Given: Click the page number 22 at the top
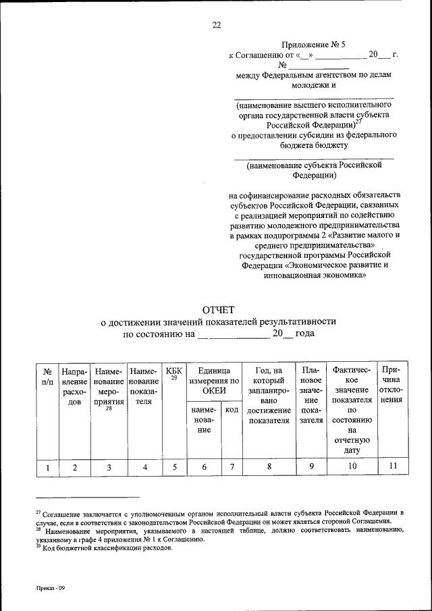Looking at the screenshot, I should click(216, 26).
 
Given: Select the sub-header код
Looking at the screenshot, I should click(232, 410).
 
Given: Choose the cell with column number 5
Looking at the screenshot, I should click(173, 466).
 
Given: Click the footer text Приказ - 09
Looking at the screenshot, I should click(51, 588).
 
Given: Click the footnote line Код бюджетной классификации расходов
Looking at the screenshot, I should click(108, 548).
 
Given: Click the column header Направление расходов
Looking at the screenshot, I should click(75, 386).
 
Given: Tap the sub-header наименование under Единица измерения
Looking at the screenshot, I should click(203, 419).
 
